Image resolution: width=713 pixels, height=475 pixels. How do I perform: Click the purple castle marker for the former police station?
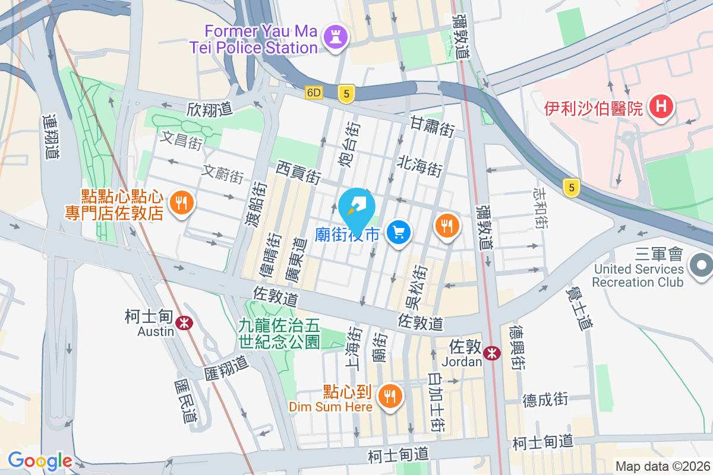(x=335, y=38)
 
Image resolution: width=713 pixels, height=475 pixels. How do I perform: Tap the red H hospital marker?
(x=660, y=107)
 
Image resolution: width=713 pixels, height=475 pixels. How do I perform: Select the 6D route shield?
(x=314, y=93)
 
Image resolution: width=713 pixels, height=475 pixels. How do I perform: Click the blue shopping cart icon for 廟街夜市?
(x=399, y=232)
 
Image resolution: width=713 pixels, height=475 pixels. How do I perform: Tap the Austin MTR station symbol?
(x=187, y=322)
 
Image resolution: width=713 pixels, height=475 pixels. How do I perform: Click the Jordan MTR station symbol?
(x=491, y=353)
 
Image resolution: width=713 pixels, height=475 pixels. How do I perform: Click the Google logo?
(x=40, y=460)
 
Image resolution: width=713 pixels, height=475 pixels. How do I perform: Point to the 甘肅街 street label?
(x=433, y=126)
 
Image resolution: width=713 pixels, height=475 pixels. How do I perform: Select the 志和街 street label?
(x=540, y=209)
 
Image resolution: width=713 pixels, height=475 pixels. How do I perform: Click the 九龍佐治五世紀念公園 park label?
(x=279, y=333)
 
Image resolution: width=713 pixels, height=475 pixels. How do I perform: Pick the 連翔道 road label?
(x=51, y=136)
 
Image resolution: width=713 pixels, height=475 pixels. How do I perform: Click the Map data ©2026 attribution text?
(x=662, y=466)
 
